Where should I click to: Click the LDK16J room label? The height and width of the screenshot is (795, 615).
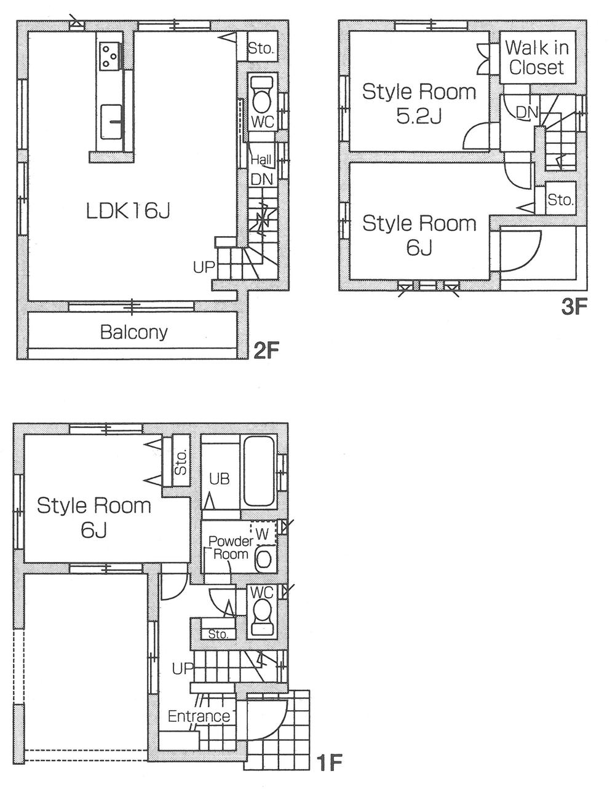pyautogui.click(x=127, y=211)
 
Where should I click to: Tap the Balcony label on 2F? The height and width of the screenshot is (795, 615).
pyautogui.click(x=133, y=332)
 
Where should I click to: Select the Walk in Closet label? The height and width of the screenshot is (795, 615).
pyautogui.click(x=536, y=57)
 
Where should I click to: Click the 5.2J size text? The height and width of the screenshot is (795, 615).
pyautogui.click(x=419, y=116)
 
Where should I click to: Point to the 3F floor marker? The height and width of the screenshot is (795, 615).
pyautogui.click(x=574, y=306)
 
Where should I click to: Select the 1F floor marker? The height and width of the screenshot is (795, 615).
pyautogui.click(x=329, y=762)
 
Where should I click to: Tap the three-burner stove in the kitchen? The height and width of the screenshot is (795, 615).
pyautogui.click(x=109, y=55)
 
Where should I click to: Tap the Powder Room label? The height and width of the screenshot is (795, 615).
pyautogui.click(x=231, y=547)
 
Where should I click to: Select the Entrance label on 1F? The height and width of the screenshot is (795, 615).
pyautogui.click(x=199, y=716)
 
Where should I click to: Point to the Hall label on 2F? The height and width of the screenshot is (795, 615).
pyautogui.click(x=261, y=160)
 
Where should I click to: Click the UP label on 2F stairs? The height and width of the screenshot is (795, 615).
pyautogui.click(x=204, y=267)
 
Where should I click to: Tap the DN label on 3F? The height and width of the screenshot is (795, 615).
pyautogui.click(x=526, y=113)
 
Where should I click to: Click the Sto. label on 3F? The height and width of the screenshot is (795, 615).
pyautogui.click(x=560, y=199)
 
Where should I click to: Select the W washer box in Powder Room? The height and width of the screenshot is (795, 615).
pyautogui.click(x=263, y=534)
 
